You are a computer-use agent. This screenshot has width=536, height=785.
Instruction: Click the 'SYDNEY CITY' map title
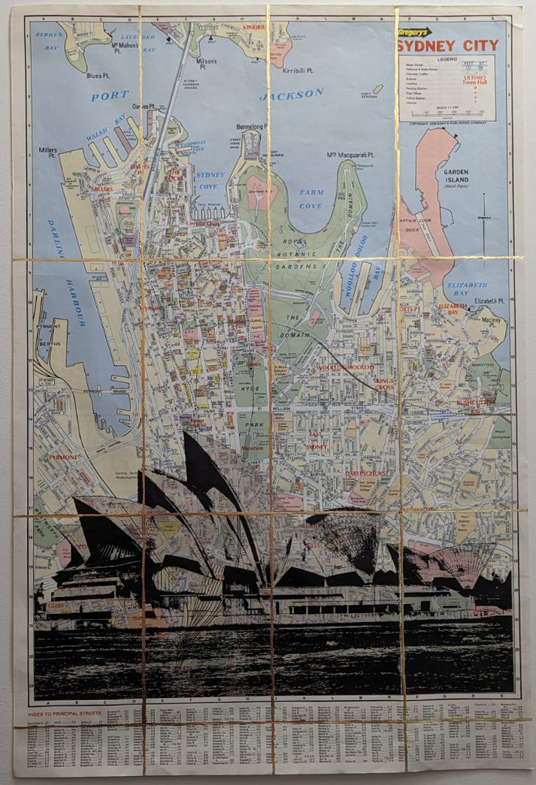(447, 46)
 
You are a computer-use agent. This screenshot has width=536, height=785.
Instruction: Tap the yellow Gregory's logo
(414, 32)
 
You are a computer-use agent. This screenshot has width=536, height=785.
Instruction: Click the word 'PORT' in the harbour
(110, 96)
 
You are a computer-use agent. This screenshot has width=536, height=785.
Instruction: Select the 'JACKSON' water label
(291, 95)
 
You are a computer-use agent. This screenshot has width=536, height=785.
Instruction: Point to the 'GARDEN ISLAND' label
(456, 175)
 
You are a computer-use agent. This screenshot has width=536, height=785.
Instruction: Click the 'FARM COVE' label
(310, 199)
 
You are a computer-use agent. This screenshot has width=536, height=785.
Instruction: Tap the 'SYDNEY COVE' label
(210, 180)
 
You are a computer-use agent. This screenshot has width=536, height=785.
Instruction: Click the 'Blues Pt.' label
(98, 75)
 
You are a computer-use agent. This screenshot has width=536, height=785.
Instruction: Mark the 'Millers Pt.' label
(47, 152)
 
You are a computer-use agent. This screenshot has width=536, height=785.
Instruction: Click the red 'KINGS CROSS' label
(385, 385)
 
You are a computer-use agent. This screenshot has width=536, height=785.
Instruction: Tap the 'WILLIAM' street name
(282, 409)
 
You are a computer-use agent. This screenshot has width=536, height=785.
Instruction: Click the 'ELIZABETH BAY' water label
(468, 290)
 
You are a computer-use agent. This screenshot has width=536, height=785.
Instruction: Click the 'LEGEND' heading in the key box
(447, 59)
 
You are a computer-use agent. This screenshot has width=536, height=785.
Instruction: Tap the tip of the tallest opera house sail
(186, 433)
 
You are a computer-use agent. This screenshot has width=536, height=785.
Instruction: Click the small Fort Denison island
(377, 89)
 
